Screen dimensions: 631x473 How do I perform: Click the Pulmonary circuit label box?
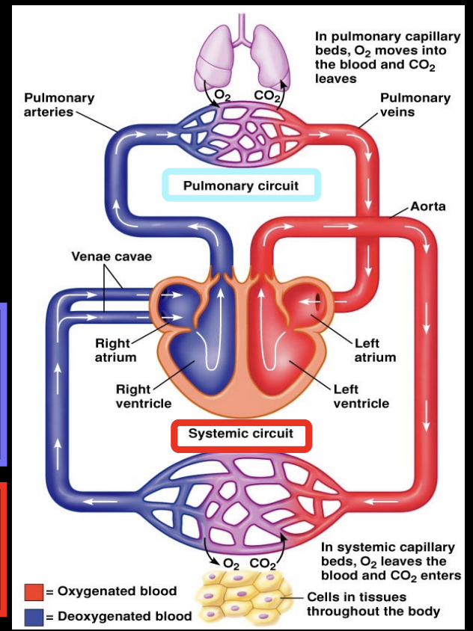(241, 185)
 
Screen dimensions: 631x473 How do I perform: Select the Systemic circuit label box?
(240, 434)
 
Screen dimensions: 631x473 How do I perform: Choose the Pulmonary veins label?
(415, 105)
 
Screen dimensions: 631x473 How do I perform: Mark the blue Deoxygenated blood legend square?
(33, 617)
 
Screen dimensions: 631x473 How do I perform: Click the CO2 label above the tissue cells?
(263, 563)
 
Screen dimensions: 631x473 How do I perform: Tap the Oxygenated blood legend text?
(117, 591)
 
